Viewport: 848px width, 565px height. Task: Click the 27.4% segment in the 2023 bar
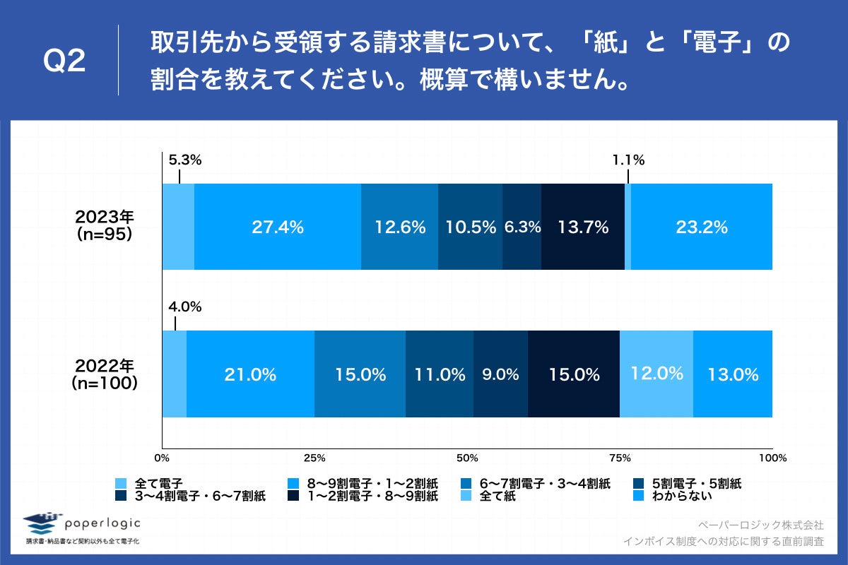pos(278,227)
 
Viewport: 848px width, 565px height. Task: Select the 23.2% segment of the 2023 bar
pos(701,227)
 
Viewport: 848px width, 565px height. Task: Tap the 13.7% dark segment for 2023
pos(583,227)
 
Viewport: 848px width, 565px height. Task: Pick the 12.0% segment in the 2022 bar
pos(656,374)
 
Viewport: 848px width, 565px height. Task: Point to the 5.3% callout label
pos(185,160)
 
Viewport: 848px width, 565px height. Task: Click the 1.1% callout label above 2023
pos(628,160)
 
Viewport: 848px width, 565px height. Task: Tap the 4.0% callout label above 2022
pos(185,307)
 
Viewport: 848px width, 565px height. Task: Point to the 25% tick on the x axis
pos(314,458)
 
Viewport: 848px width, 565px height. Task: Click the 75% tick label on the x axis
pos(620,458)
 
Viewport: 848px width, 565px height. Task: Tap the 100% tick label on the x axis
pos(772,458)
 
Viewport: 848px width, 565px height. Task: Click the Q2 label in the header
pos(65,62)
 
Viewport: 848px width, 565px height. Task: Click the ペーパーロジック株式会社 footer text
pos(760,525)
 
